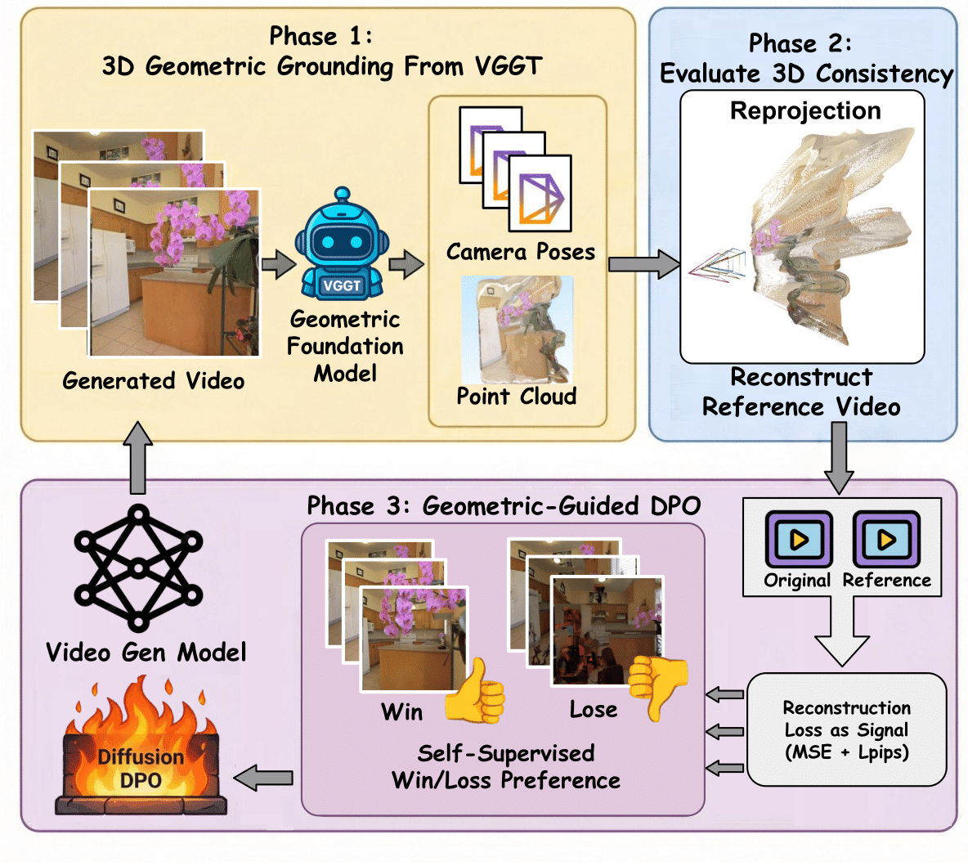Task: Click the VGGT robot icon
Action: click(x=342, y=245)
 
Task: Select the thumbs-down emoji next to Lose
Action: click(x=657, y=685)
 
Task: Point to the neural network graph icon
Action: click(x=138, y=568)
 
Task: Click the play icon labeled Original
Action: click(x=798, y=540)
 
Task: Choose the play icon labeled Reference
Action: click(x=886, y=540)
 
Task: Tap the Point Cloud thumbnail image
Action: click(x=517, y=330)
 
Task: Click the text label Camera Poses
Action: click(x=520, y=252)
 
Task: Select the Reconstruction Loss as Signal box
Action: click(x=846, y=729)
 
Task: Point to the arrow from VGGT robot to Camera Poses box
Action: click(x=406, y=265)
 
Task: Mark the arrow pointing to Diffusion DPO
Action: click(x=263, y=778)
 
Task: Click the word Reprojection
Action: click(x=805, y=111)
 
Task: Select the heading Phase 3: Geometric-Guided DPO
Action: click(x=504, y=506)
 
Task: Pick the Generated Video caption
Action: click(x=154, y=381)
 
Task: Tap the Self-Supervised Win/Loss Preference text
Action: click(x=506, y=766)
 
